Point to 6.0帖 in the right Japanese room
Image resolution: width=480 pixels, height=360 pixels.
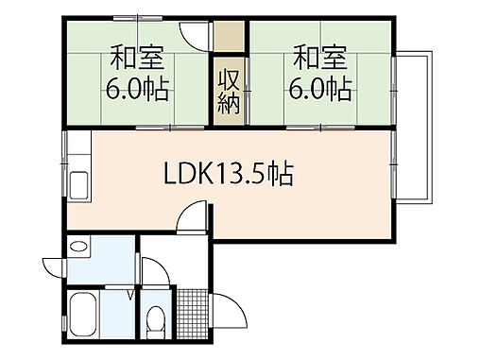pyautogui.click(x=320, y=90)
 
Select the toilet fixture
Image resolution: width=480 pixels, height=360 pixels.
pyautogui.click(x=154, y=323)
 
